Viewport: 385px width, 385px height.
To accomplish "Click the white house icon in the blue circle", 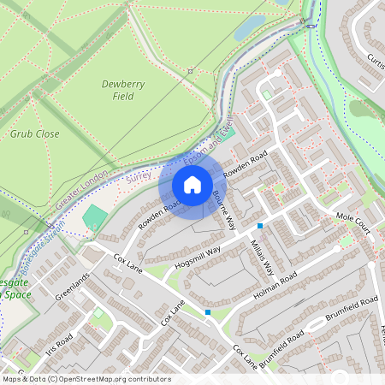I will (x=192, y=184).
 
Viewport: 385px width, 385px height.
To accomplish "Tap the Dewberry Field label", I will (x=117, y=90).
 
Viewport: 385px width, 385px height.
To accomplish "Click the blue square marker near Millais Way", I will (x=260, y=226).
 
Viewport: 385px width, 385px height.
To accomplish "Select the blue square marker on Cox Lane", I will (x=208, y=312).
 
